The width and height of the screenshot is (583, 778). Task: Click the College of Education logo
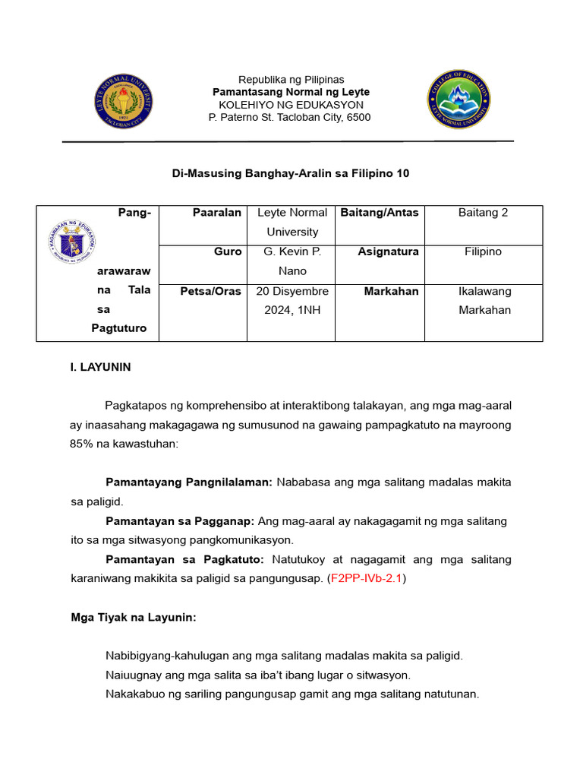click(459, 100)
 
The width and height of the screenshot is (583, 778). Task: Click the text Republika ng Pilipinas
click(291, 80)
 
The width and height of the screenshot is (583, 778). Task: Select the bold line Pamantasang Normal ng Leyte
click(291, 92)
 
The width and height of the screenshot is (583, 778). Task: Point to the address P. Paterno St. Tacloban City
click(289, 117)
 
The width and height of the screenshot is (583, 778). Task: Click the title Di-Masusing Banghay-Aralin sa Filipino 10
click(291, 173)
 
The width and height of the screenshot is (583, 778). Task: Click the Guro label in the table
click(228, 251)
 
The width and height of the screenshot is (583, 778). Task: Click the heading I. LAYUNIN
click(100, 367)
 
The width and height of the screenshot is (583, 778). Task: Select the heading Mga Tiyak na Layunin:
click(133, 618)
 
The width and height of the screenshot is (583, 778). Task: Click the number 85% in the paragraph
click(81, 443)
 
